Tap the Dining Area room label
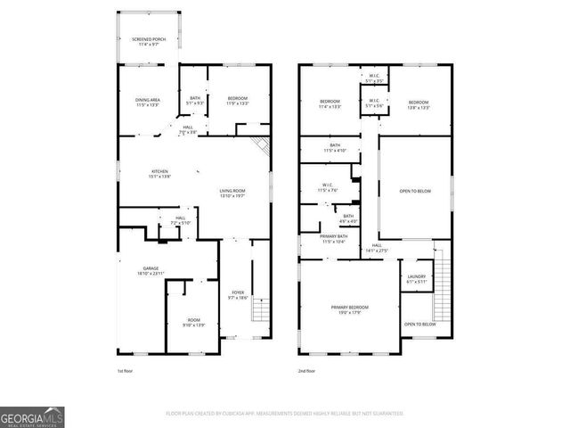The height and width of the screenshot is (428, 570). tap(147, 102)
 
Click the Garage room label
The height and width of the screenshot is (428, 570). tap(151, 270)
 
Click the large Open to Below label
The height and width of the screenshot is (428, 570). tap(417, 190)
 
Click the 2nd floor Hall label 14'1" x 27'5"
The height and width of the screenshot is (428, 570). tap(377, 248)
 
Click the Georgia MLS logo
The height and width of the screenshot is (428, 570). tap(32, 416)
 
